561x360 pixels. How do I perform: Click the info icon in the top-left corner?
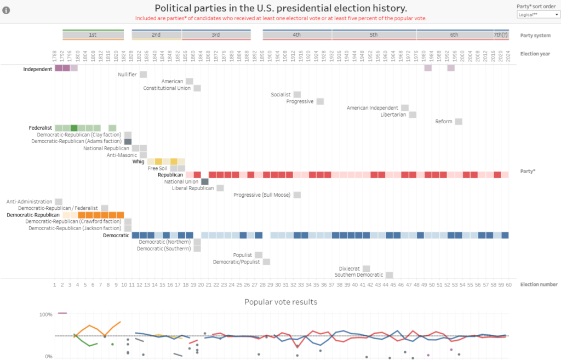pos(7,9)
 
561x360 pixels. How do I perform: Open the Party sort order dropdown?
pos(539,14)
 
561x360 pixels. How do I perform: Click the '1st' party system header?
pos(93,35)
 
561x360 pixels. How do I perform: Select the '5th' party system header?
pos(374,35)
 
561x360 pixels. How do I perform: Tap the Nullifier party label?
pos(128,75)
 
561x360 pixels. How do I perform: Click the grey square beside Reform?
pos(459,122)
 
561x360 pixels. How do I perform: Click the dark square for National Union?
pos(205,182)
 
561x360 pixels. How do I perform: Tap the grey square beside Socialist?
pos(297,95)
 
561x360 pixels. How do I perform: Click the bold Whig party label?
pos(138,162)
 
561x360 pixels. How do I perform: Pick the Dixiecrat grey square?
pos(366,268)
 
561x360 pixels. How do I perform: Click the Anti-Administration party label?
pos(30,202)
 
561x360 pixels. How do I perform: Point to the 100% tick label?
pos(45,315)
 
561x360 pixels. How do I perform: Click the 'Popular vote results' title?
pos(280,302)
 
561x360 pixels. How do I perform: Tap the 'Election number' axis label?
pos(539,284)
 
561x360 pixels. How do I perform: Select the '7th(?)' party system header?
pos(501,35)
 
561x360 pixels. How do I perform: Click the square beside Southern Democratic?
pos(389,275)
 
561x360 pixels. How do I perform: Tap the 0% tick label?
pos(48,357)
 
